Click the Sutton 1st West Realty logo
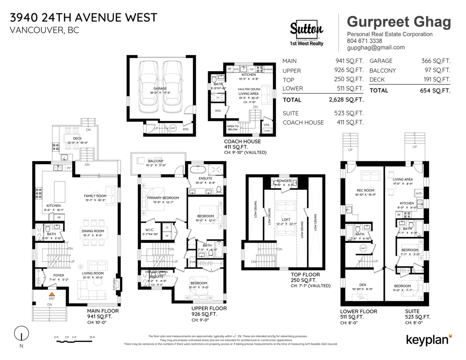307,33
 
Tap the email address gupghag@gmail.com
376,47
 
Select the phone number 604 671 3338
364,41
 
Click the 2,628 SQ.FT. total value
346,100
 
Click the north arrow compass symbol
21,334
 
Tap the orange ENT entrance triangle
51,294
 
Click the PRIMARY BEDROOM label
163,198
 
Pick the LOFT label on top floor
286,219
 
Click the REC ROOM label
365,190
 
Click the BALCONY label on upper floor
155,161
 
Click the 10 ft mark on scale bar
92,337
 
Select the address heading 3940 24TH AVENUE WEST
83,17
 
